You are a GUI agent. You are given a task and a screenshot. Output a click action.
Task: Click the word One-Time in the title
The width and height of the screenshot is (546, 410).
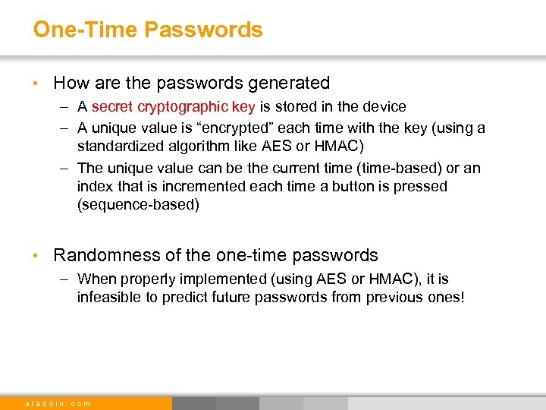click(x=85, y=30)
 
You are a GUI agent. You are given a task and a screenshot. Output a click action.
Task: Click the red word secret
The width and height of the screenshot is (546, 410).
click(x=111, y=107)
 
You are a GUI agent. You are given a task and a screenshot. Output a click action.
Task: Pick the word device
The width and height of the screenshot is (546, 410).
click(x=384, y=107)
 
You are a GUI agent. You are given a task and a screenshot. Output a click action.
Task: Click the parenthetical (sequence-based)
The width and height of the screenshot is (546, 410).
click(x=138, y=204)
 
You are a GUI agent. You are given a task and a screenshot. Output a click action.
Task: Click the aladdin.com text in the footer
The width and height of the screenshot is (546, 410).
click(x=58, y=403)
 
